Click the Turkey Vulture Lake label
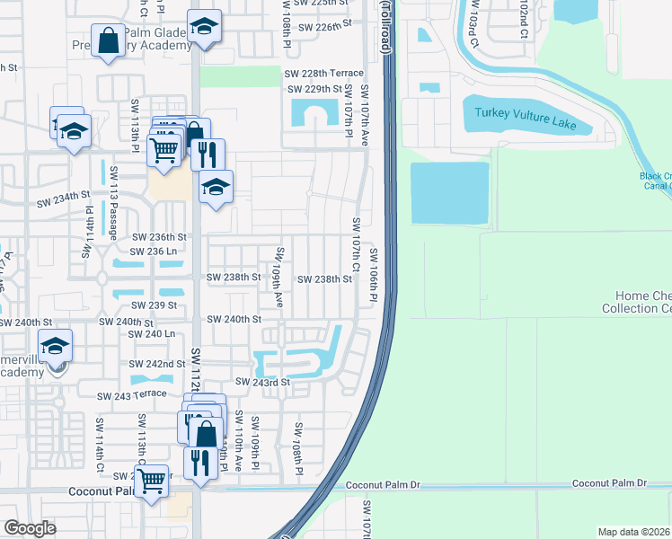tap(527, 115)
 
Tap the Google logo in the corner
tap(30, 528)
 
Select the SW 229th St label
tap(314, 89)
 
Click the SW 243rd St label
tap(264, 383)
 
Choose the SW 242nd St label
tap(158, 364)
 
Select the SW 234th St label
tap(64, 194)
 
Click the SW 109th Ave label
tap(279, 278)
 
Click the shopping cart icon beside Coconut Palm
tap(152, 481)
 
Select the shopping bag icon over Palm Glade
tap(108, 41)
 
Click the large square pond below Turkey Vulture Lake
tap(449, 192)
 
